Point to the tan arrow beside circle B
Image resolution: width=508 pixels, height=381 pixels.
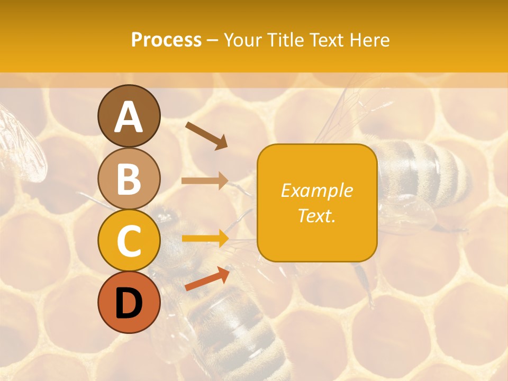click(x=205, y=180)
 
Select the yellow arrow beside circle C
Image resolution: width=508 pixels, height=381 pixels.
click(x=205, y=239)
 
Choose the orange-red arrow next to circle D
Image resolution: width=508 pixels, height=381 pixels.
click(x=207, y=278)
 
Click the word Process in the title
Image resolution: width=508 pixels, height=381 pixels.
click(x=166, y=40)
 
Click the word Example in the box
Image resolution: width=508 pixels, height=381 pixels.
click(x=317, y=190)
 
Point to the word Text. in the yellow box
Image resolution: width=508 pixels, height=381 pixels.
click(x=317, y=215)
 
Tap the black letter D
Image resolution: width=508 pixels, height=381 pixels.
click(x=129, y=303)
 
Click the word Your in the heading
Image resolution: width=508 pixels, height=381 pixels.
click(x=242, y=40)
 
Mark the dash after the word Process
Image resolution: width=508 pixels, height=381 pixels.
click(x=212, y=41)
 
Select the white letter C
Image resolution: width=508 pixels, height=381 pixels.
click(x=129, y=241)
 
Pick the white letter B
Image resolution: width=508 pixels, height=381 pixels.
click(x=129, y=179)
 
